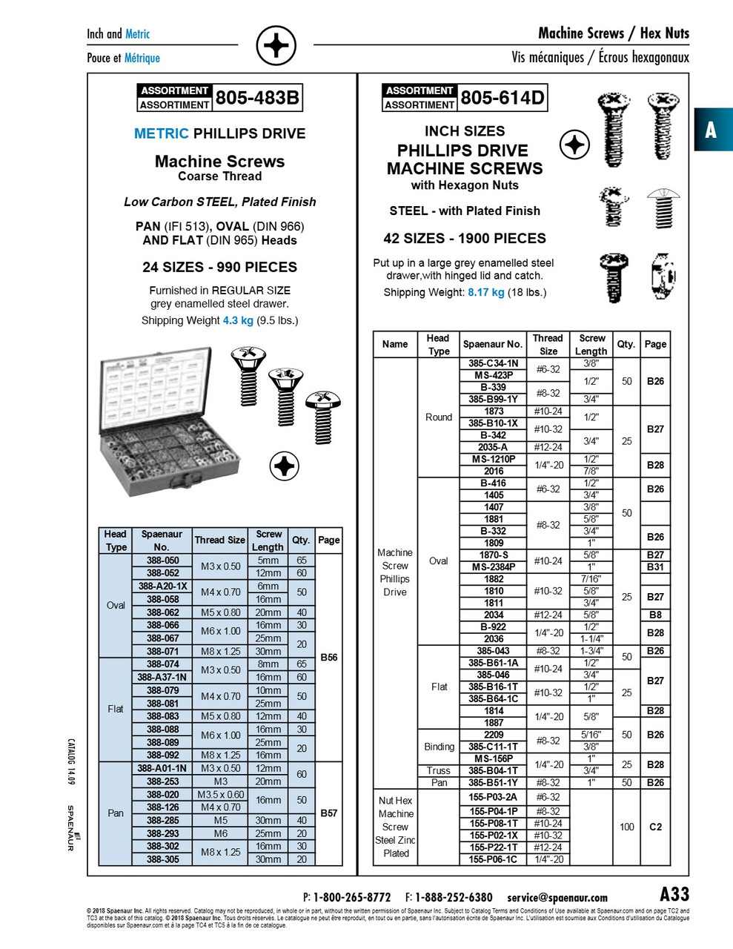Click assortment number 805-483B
coord(257,98)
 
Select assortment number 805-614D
coord(503,98)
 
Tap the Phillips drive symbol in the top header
coord(276,47)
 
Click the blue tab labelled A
coord(712,130)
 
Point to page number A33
coord(674,894)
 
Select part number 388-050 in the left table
coord(162,561)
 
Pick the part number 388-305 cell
coord(162,859)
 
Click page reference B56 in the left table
coord(328,657)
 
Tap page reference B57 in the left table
coord(328,813)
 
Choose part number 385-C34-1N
coord(493,363)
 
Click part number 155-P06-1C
coord(493,859)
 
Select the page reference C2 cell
coord(655,827)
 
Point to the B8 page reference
coord(655,615)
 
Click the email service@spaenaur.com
coord(557,897)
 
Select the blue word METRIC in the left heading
coord(162,133)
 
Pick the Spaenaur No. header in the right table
coord(493,344)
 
